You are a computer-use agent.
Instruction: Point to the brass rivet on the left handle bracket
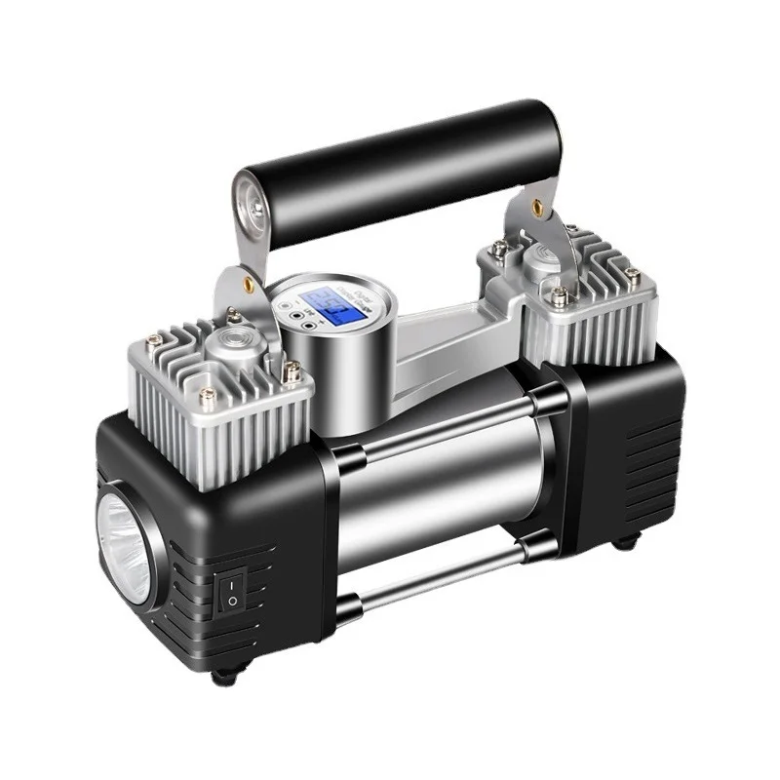(x=249, y=283)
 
